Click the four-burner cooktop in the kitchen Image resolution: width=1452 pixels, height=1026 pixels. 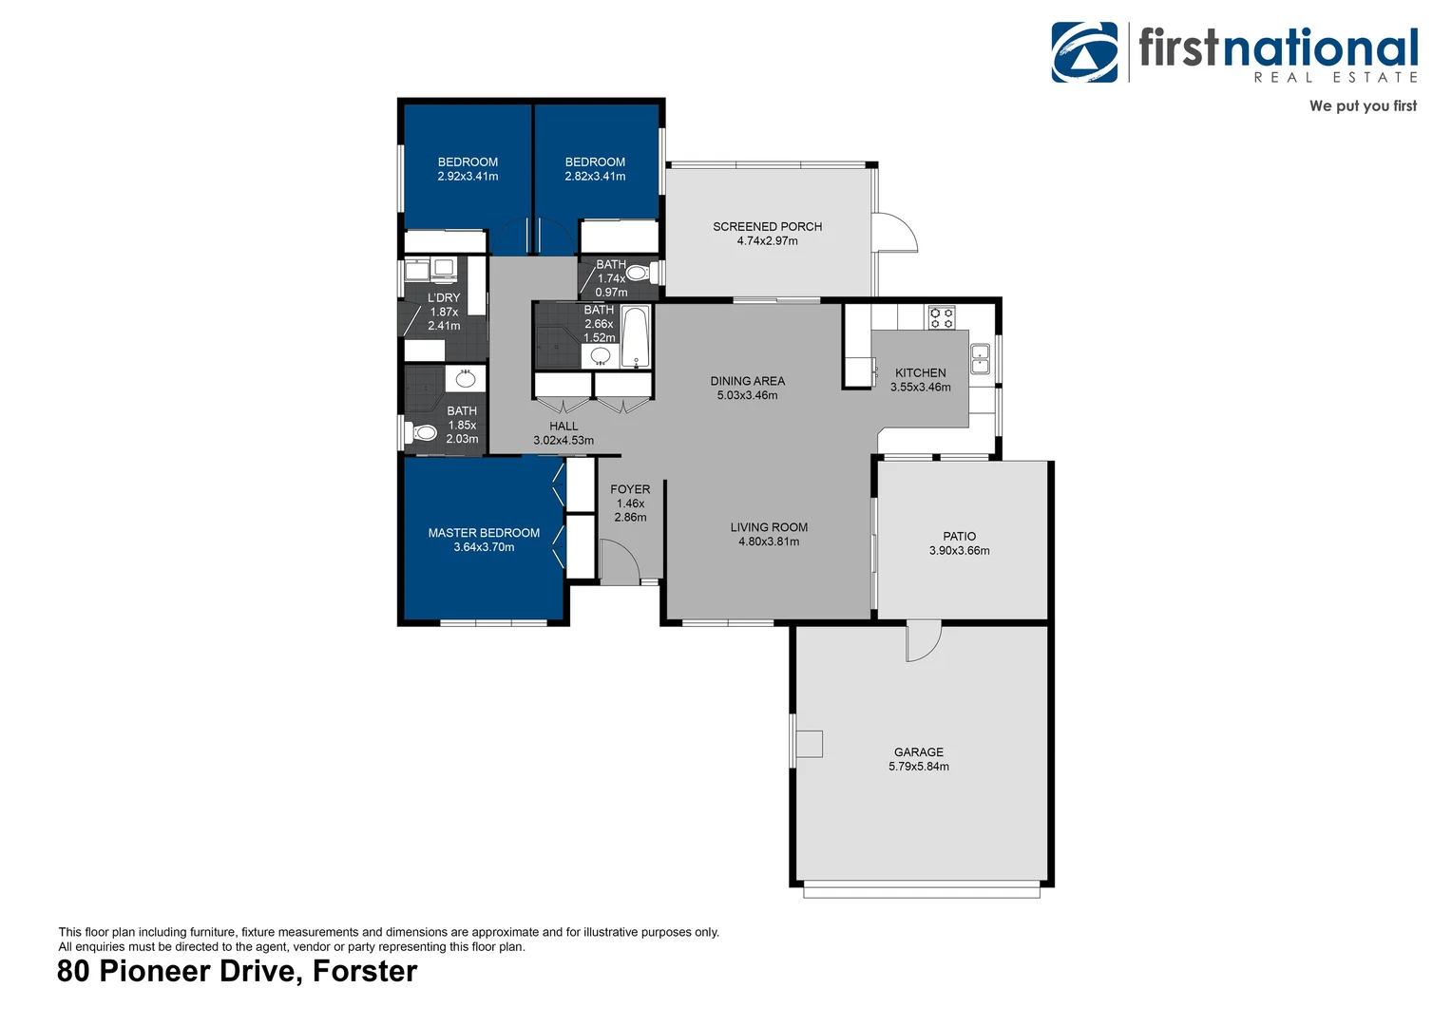tap(941, 317)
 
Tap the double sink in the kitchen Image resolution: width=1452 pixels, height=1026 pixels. tap(980, 359)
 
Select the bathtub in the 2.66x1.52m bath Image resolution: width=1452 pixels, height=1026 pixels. tap(636, 336)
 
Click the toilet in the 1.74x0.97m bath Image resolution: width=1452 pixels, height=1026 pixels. tap(640, 274)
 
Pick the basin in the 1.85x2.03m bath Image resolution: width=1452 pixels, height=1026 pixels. tap(465, 379)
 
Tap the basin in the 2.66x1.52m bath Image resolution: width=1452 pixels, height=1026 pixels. tap(601, 356)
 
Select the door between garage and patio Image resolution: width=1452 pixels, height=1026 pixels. tap(922, 642)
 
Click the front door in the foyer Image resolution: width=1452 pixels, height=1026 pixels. tap(619, 561)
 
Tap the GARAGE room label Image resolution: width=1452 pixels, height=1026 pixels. tap(918, 751)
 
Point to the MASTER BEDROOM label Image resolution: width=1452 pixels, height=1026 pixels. tap(484, 533)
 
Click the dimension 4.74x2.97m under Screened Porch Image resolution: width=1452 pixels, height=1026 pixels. tap(767, 241)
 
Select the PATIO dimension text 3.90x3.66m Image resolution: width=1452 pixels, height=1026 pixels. tap(959, 551)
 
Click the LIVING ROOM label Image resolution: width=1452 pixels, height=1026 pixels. tap(769, 527)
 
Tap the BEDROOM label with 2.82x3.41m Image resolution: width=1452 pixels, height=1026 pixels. tap(595, 162)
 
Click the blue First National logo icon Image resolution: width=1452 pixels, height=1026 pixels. tap(1084, 52)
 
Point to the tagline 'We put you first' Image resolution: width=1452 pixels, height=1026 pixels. tap(1362, 106)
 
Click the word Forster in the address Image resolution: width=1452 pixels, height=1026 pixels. tap(365, 972)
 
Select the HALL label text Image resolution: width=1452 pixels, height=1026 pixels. tap(564, 427)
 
